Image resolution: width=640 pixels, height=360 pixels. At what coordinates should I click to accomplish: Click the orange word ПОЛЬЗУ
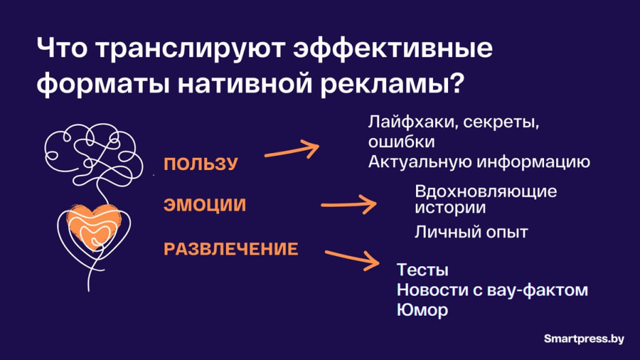click(200, 164)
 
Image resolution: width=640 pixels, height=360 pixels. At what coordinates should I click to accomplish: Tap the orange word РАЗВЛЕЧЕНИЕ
click(231, 249)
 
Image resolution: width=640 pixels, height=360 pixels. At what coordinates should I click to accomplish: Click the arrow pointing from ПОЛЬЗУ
click(291, 149)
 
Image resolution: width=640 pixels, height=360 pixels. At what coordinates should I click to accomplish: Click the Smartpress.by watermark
click(585, 338)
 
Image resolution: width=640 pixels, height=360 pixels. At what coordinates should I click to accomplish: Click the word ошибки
click(401, 143)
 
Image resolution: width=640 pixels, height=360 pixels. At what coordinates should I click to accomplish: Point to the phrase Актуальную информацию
click(479, 162)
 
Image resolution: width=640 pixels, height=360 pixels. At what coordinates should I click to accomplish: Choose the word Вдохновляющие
click(485, 191)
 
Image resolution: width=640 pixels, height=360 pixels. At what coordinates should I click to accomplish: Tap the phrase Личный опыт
click(471, 232)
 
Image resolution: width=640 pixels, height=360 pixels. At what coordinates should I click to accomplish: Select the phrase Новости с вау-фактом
click(492, 290)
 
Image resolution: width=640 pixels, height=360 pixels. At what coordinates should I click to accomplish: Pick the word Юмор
click(422, 310)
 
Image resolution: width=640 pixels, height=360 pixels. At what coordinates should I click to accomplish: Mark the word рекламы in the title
click(383, 84)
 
